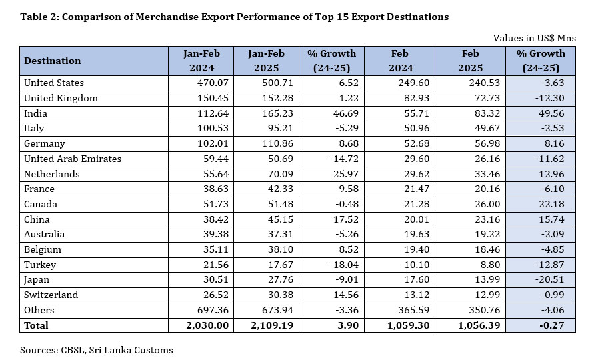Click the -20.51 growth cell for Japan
click(539, 280)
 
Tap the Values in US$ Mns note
click(535, 39)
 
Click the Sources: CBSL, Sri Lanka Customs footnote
click(97, 350)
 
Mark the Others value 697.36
click(203, 310)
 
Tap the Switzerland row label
click(51, 295)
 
